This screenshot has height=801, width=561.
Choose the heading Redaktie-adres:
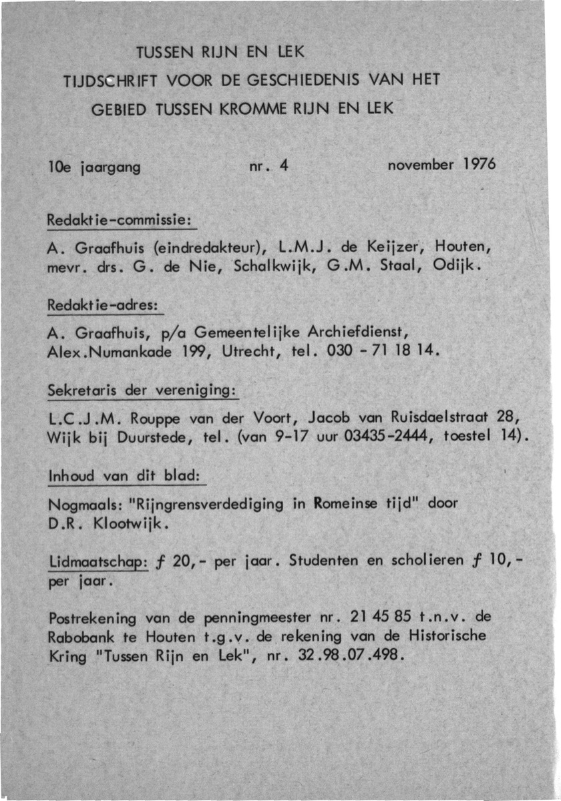103,304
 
